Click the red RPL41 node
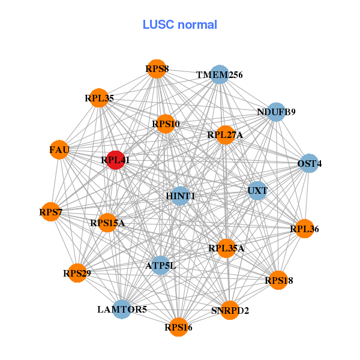[x=115, y=160]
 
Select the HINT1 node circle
[x=180, y=196]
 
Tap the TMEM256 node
[x=220, y=74]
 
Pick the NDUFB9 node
[x=276, y=112]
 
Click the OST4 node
[x=309, y=163]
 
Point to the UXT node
[x=257, y=191]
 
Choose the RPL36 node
[x=305, y=229]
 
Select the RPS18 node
[x=278, y=280]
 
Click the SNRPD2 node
[x=230, y=310]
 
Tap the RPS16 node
[x=178, y=327]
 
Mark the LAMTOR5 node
[x=122, y=310]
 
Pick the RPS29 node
[x=77, y=274]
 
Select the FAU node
[x=59, y=149]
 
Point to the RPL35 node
[x=99, y=97]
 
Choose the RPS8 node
[x=157, y=69]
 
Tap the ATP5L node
[x=160, y=265]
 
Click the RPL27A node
[x=225, y=135]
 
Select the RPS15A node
[x=107, y=223]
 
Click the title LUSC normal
[x=180, y=25]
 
